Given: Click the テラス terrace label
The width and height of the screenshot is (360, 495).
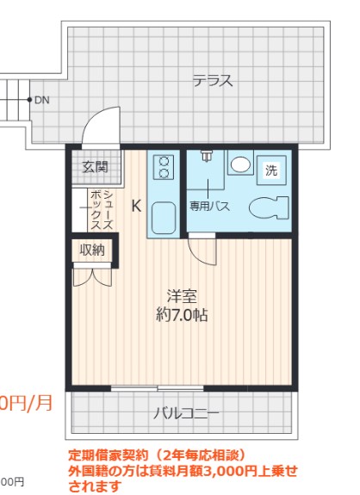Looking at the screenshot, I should (x=212, y=82).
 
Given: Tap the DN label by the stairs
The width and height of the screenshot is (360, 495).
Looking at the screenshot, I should (x=41, y=100).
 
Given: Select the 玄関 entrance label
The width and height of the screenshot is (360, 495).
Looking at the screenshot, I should (x=95, y=167).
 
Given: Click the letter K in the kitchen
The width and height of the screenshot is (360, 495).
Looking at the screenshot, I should (x=136, y=206).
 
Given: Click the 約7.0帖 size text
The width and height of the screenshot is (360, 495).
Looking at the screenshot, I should (x=181, y=315).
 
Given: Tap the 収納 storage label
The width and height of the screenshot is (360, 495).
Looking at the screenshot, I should (x=93, y=250).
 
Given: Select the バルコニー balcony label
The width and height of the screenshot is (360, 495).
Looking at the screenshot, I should (x=186, y=413).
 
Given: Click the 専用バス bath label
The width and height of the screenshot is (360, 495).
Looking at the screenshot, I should (x=209, y=207).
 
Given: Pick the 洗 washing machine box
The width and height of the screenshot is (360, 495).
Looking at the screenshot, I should (x=271, y=170).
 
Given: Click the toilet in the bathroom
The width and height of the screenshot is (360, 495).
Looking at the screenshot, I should (x=268, y=207).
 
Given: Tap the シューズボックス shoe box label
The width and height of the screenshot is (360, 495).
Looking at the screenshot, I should (x=102, y=209).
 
